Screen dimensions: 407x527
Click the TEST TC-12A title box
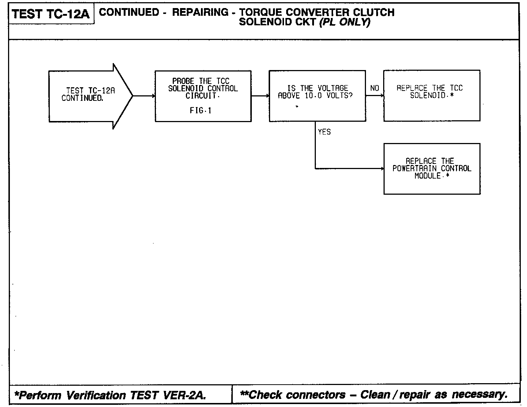pos(51,14)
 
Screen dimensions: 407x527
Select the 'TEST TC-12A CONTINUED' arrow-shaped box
pos(88,96)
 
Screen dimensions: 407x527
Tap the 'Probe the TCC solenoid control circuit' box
pos(203,96)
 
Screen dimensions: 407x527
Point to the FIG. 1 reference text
pos(201,110)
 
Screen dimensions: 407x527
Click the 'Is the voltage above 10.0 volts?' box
pos(317,96)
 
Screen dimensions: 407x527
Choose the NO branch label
pos(374,88)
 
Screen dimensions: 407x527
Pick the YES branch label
pos(324,132)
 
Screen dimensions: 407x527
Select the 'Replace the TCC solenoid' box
pos(431,95)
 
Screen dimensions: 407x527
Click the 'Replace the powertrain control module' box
pos(432,169)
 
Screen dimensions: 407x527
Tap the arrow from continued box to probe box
pos(144,96)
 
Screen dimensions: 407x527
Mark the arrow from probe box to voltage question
pos(260,96)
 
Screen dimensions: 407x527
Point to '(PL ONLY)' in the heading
pos(345,22)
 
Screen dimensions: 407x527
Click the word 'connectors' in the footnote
pos(315,395)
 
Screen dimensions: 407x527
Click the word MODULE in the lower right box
pos(427,176)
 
